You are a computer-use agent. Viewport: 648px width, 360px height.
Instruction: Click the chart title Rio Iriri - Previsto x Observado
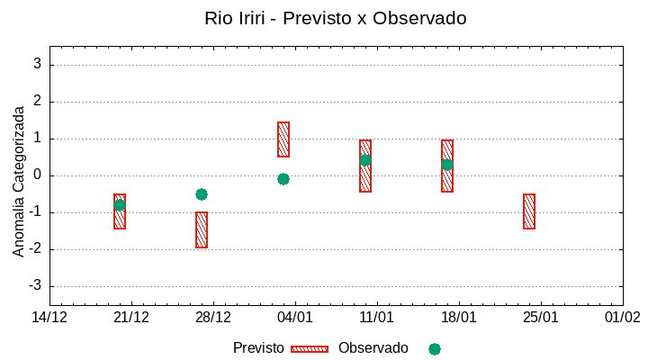[336, 18]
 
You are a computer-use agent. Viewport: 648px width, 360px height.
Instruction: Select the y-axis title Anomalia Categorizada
[19, 181]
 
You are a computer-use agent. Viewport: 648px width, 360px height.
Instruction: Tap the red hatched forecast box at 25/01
[529, 211]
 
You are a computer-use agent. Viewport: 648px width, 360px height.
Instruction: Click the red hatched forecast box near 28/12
[202, 229]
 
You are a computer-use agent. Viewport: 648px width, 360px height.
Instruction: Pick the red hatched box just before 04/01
[283, 139]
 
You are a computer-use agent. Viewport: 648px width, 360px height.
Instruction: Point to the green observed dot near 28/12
[202, 194]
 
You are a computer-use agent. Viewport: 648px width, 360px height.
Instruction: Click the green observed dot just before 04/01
[283, 179]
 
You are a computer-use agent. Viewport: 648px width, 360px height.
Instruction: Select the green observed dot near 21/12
[120, 205]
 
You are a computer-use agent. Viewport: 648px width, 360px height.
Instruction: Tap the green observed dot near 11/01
[365, 160]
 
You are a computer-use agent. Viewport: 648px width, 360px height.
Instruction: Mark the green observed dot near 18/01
[447, 165]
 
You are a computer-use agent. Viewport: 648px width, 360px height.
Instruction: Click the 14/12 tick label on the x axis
[49, 318]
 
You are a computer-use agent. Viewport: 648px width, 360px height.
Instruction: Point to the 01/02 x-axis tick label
[622, 318]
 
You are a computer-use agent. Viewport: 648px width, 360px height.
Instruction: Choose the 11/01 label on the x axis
[376, 318]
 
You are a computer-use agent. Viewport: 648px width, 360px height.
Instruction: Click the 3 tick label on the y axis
[38, 65]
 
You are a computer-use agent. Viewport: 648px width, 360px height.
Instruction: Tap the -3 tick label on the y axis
[35, 286]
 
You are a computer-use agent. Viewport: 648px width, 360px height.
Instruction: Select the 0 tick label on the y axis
[38, 175]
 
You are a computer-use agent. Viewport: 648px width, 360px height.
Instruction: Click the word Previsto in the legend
[258, 348]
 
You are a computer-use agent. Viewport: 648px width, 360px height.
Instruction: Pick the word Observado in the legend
[373, 348]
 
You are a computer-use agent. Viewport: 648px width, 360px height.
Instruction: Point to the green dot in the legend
[435, 349]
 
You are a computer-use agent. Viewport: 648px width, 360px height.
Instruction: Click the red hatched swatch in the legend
[310, 349]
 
